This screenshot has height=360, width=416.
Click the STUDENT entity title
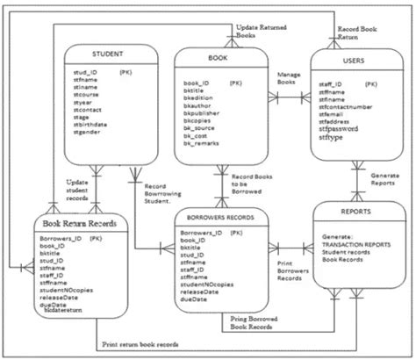(x=104, y=53)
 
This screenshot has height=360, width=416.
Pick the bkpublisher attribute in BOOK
(x=204, y=124)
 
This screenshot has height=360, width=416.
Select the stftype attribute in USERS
(x=332, y=138)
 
